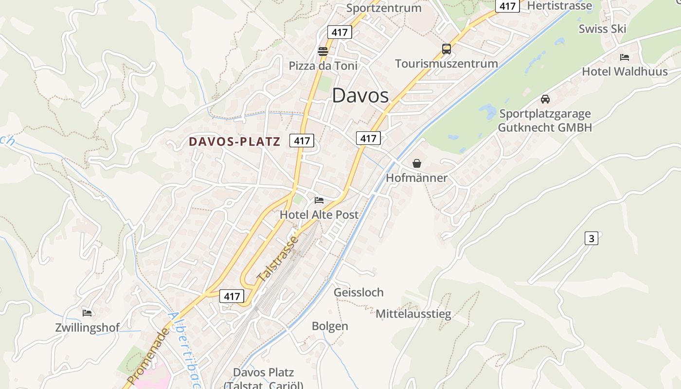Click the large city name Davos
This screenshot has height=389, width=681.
coord(360,96)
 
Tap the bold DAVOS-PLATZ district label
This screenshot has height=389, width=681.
coord(234,141)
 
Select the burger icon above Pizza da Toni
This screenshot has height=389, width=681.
coord(323,51)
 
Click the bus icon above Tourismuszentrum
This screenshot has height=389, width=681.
coord(447,49)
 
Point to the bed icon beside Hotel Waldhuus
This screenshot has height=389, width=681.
coord(625,57)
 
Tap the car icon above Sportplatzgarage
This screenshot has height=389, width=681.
coord(545,99)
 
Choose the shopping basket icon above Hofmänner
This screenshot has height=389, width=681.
coord(417,163)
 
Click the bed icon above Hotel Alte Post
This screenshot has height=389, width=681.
coord(319,200)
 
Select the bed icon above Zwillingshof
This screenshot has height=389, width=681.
coord(87,313)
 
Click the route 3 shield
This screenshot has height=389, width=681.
coord(591,238)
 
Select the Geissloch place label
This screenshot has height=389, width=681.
coord(358,292)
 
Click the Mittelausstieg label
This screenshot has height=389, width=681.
coord(413,314)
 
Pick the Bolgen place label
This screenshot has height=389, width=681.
coord(330,326)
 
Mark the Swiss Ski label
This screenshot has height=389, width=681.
coord(602,29)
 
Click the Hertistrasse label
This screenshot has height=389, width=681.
coord(560,6)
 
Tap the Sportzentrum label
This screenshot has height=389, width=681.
coord(384,8)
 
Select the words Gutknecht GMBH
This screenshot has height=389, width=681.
coord(545,127)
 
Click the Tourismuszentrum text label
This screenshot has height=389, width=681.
coord(447,64)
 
